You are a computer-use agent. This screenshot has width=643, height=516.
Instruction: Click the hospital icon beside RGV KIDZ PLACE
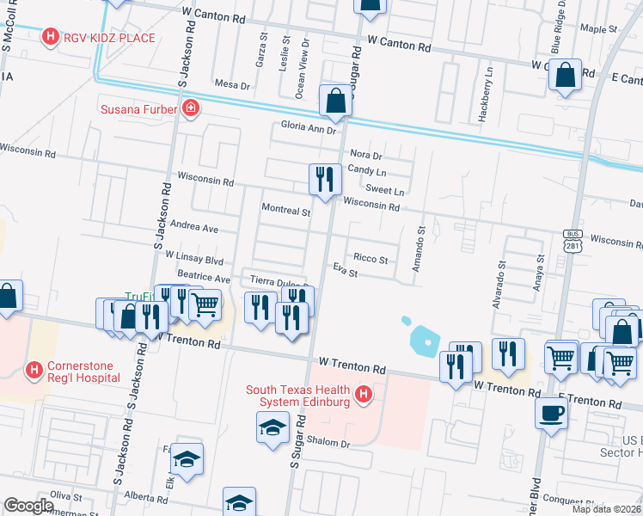click(x=51, y=37)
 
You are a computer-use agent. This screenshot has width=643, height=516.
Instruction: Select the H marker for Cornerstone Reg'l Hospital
click(x=34, y=371)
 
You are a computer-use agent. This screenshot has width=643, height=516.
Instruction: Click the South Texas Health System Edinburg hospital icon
click(x=364, y=395)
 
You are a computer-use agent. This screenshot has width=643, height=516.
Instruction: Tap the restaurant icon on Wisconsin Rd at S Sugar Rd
click(x=321, y=179)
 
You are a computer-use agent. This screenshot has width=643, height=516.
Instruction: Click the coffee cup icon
click(x=550, y=413)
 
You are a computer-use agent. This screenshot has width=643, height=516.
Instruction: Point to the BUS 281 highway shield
click(x=573, y=242)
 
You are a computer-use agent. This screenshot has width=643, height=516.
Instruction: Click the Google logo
click(x=28, y=506)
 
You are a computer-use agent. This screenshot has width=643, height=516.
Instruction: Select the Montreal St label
click(x=285, y=211)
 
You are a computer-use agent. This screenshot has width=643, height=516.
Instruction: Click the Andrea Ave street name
click(x=195, y=229)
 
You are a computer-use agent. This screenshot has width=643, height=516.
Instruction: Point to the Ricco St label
click(x=370, y=259)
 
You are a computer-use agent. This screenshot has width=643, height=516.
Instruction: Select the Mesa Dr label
click(x=231, y=85)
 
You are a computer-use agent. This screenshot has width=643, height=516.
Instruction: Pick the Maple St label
click(x=593, y=28)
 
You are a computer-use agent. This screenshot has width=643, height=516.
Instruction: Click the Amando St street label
click(x=421, y=249)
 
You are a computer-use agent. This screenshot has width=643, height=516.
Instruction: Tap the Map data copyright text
click(x=606, y=509)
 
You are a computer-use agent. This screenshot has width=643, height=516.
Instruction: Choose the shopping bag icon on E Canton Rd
click(x=566, y=75)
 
